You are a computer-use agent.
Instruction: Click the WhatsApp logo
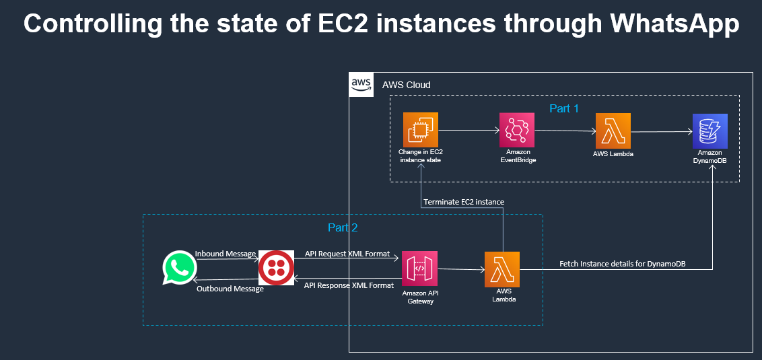(x=179, y=268)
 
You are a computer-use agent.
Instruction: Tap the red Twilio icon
(x=276, y=268)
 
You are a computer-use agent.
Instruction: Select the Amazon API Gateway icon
(x=419, y=268)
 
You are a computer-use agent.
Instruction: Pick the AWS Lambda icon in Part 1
(x=613, y=130)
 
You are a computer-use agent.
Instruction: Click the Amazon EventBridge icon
(x=516, y=130)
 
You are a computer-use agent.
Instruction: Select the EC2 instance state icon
(x=421, y=130)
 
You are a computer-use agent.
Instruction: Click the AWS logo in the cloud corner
(x=361, y=84)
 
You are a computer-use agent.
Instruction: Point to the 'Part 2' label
(x=342, y=227)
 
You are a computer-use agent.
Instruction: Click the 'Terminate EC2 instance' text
(x=464, y=202)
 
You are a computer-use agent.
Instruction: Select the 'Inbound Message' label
(x=226, y=254)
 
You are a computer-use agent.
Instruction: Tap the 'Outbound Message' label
(x=230, y=289)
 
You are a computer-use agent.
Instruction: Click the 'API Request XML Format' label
(x=347, y=254)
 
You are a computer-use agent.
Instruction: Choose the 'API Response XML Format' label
(x=349, y=285)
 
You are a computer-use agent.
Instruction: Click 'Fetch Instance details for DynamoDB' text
(x=627, y=264)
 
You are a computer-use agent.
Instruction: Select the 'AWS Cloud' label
(x=406, y=85)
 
